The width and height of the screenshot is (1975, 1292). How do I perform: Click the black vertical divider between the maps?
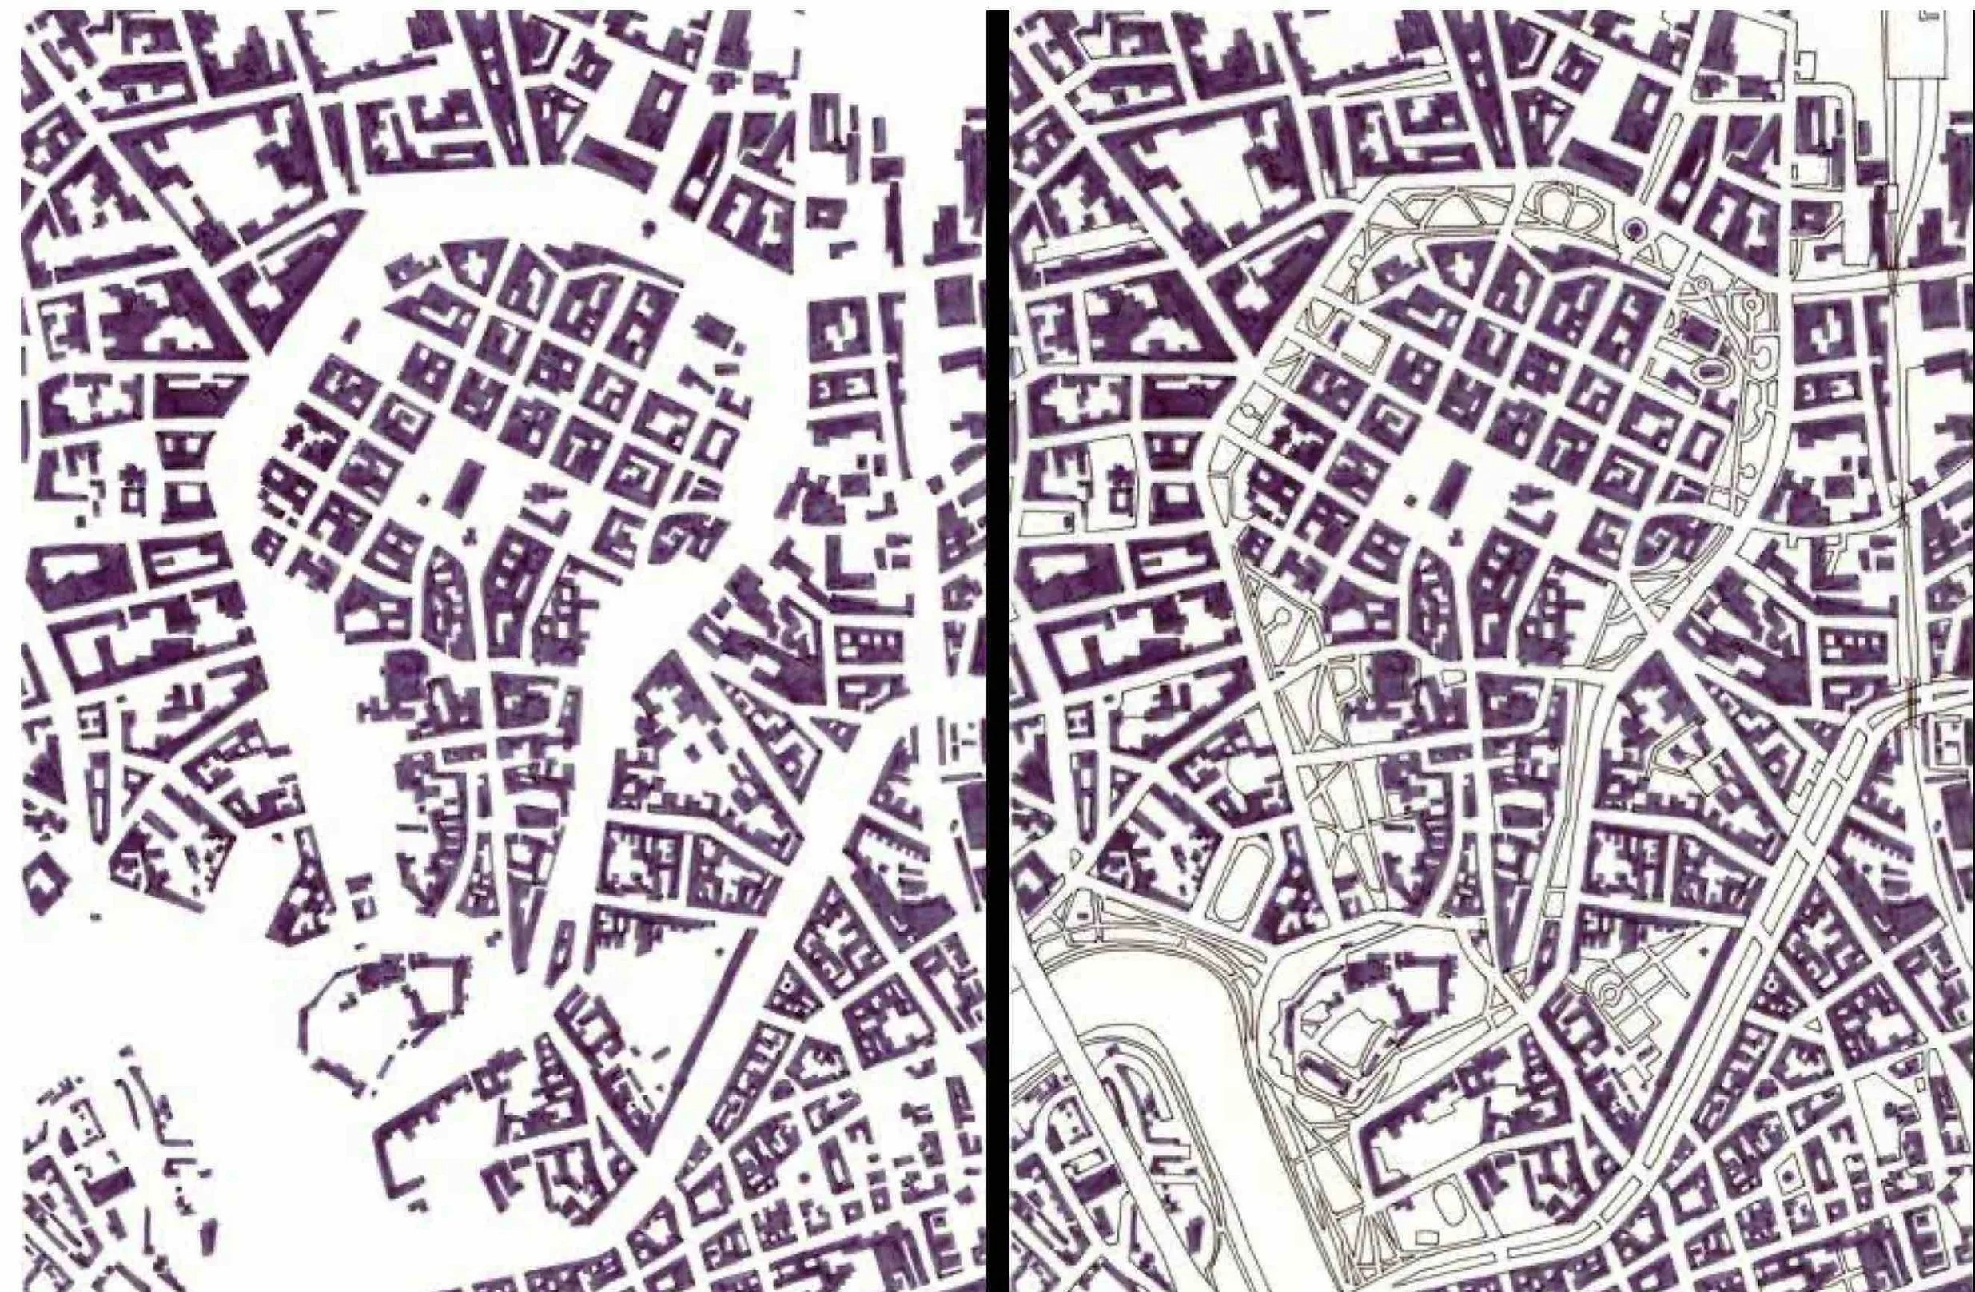[x=997, y=647]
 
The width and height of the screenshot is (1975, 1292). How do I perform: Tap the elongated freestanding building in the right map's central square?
[x=1453, y=486]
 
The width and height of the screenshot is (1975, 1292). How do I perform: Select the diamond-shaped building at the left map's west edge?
[x=46, y=888]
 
